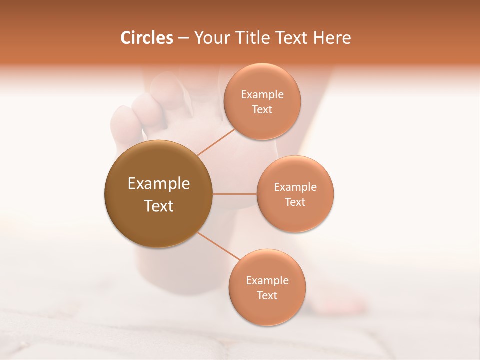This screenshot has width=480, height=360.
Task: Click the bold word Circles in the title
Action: point(146,38)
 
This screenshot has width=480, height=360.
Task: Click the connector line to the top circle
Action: point(216,141)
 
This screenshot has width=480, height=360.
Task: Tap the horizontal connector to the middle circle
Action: point(234,193)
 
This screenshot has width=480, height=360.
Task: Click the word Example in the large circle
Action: point(159,184)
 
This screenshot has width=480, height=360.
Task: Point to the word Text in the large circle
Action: point(159,206)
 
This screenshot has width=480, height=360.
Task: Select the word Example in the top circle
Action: point(262,94)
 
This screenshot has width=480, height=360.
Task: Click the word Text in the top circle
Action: point(262,109)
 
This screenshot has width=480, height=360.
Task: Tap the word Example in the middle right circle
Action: point(295,187)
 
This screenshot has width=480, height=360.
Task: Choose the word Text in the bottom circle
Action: point(267,295)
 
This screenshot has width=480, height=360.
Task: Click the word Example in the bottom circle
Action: point(267,280)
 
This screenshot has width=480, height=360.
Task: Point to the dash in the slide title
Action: point(183,38)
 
